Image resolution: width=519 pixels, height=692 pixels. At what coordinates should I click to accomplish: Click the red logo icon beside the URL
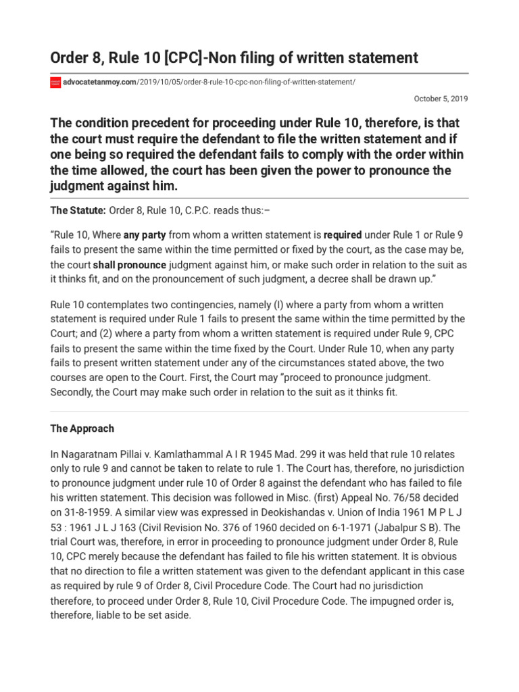click(56, 82)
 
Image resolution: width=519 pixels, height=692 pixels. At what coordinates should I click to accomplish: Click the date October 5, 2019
click(441, 99)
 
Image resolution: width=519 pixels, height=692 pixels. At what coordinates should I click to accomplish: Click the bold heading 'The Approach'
click(82, 428)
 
